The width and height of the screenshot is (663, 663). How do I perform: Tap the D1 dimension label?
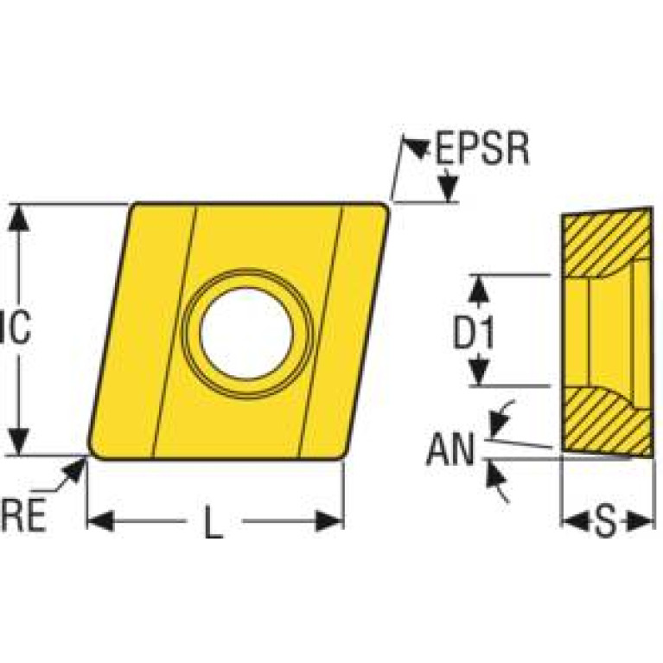[475, 331]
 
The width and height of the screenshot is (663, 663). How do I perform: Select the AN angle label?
[451, 449]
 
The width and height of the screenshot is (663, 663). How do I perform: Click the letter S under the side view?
[607, 521]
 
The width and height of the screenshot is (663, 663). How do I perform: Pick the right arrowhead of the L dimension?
[329, 520]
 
